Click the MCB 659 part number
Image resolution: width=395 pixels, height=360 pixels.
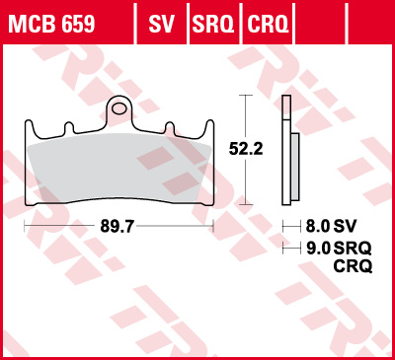click(x=54, y=21)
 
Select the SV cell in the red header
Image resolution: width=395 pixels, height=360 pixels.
click(x=161, y=21)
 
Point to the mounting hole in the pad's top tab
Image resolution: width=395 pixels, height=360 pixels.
click(x=118, y=106)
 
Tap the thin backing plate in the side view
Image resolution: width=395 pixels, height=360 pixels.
click(x=285, y=148)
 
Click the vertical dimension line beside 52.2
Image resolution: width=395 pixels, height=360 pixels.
click(x=243, y=148)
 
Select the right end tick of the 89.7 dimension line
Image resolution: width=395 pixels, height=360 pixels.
click(x=213, y=226)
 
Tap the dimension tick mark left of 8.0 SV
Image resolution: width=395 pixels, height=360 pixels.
click(x=284, y=225)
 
